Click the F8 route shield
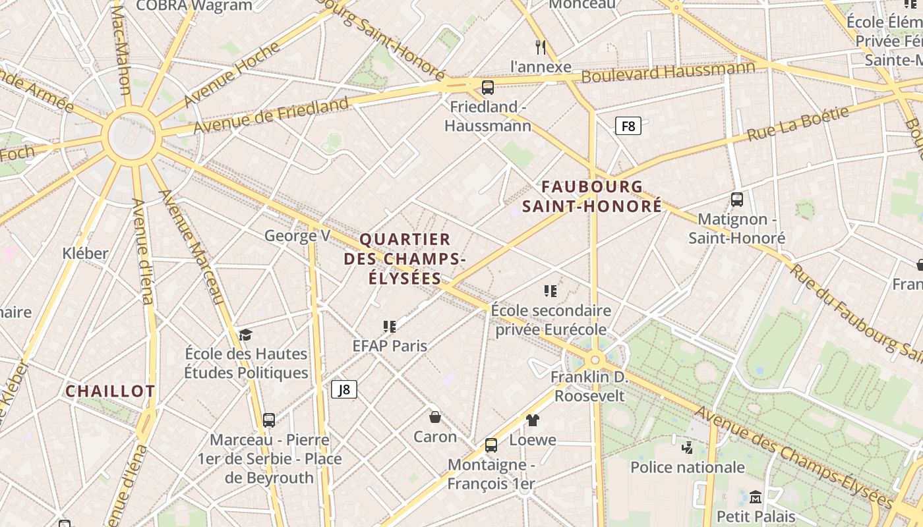(628, 126)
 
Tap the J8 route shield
(343, 389)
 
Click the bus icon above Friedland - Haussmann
(488, 88)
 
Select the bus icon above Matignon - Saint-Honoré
(737, 199)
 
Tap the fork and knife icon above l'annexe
(541, 47)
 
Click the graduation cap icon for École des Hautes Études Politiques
(245, 335)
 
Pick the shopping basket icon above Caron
(435, 417)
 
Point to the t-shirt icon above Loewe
(533, 420)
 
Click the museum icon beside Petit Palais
(756, 497)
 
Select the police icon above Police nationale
(687, 448)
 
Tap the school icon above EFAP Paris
(390, 327)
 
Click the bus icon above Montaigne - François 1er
(491, 445)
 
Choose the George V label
(297, 235)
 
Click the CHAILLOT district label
(110, 391)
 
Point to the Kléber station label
(85, 253)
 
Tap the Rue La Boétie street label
(798, 125)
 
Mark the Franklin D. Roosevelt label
(589, 387)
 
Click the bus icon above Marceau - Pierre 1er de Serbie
(269, 420)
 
